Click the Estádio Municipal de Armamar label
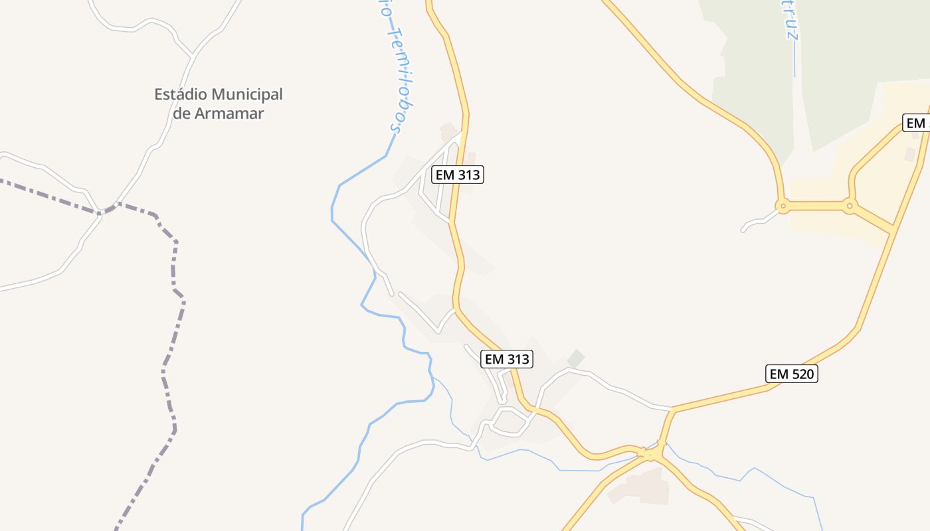pyautogui.click(x=219, y=104)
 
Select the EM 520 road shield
pyautogui.click(x=792, y=374)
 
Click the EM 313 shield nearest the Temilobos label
pyautogui.click(x=457, y=175)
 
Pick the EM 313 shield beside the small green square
pyautogui.click(x=508, y=359)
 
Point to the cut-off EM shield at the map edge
pyautogui.click(x=917, y=123)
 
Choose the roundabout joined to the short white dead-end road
pyautogui.click(x=783, y=206)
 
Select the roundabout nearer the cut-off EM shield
pyautogui.click(x=850, y=206)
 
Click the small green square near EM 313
pyautogui.click(x=575, y=358)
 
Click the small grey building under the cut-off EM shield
pyautogui.click(x=910, y=154)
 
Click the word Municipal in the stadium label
pyautogui.click(x=247, y=94)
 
